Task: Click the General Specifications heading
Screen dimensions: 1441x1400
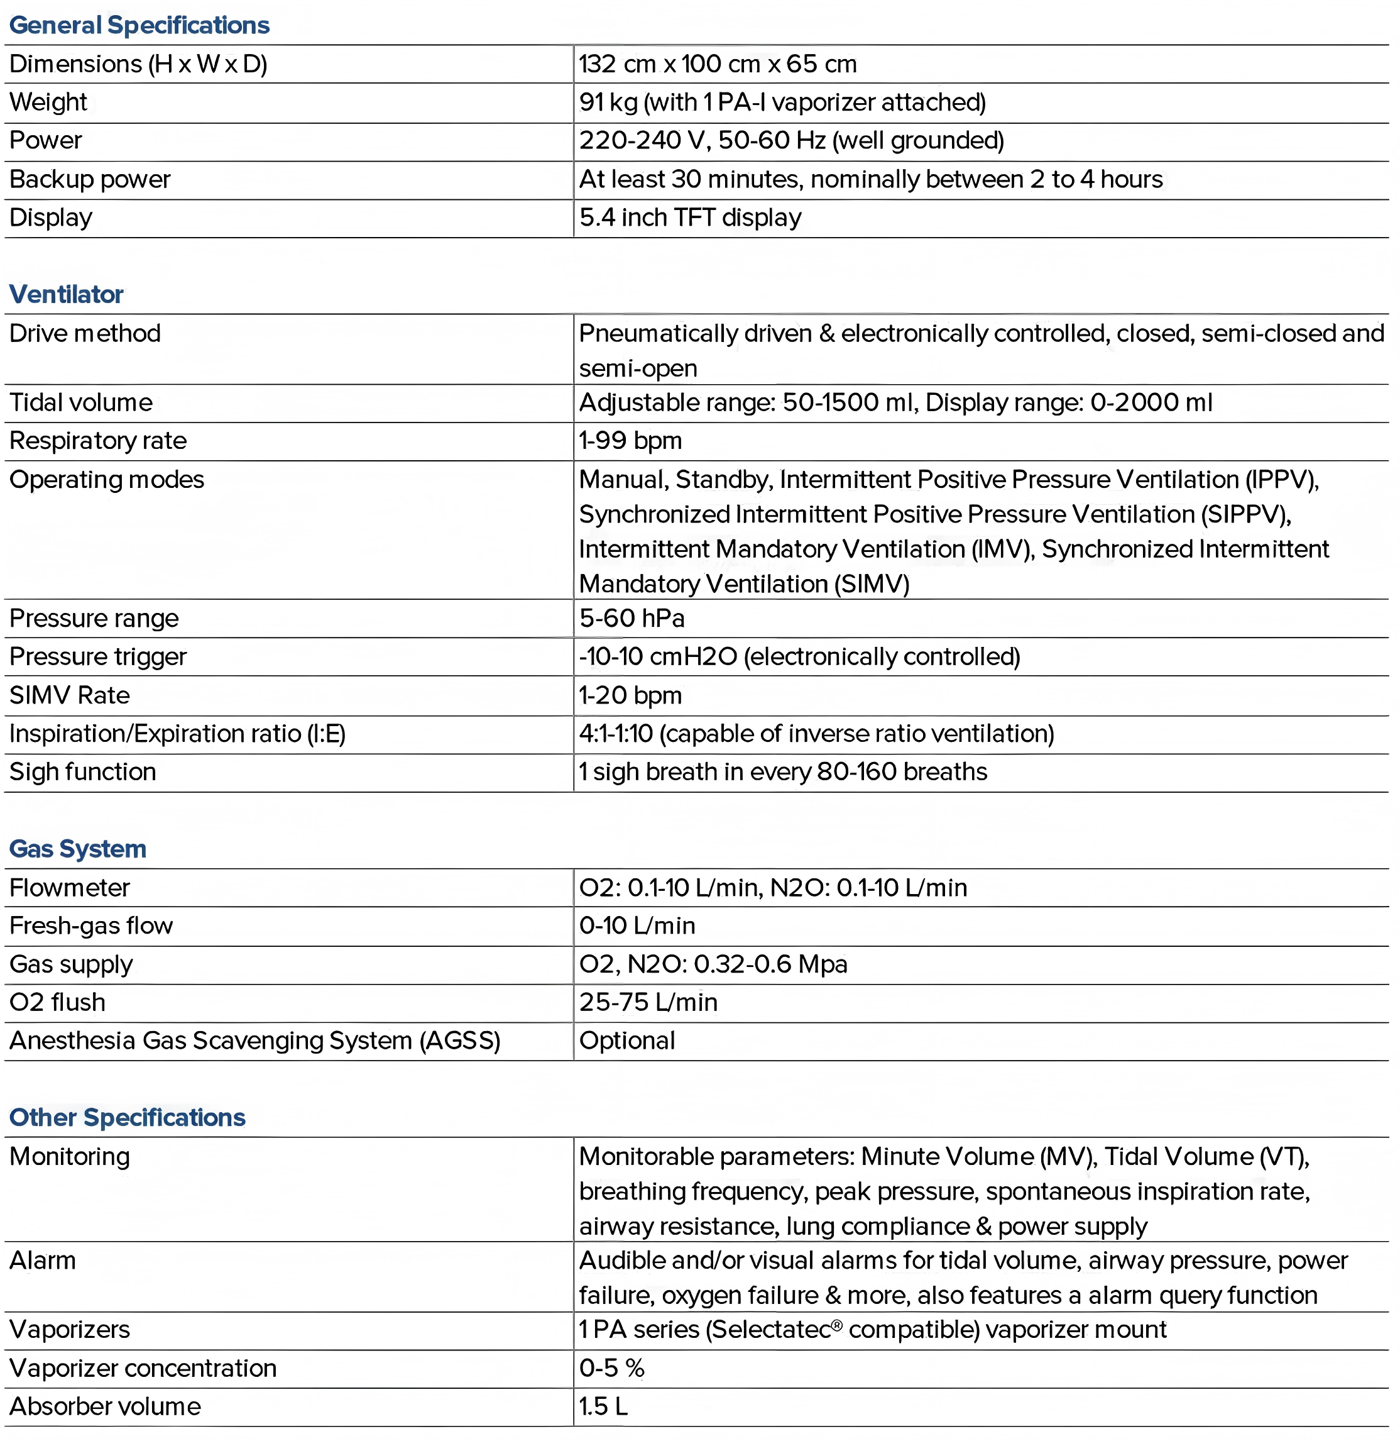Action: (139, 25)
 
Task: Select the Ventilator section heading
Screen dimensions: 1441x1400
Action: (66, 294)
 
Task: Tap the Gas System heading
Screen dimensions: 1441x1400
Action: (77, 849)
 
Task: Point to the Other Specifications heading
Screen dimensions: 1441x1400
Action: (127, 1117)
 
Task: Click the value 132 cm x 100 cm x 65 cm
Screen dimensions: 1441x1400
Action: (718, 64)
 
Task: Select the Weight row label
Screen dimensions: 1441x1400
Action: (48, 102)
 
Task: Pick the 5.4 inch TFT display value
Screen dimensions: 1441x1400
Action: (690, 218)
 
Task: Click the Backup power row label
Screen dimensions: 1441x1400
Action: (90, 179)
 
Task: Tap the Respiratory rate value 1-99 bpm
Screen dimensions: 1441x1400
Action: (630, 441)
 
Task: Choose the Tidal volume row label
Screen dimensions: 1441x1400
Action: (81, 402)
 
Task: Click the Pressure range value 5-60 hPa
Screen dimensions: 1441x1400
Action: (632, 619)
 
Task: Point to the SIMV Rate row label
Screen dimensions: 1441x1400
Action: (69, 695)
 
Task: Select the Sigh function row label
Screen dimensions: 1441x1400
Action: (82, 771)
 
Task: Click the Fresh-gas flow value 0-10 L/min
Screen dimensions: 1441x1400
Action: (637, 925)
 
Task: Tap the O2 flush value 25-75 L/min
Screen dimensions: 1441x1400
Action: (648, 1002)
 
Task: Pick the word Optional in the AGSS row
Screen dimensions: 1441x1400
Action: (626, 1041)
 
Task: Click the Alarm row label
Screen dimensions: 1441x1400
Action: (43, 1261)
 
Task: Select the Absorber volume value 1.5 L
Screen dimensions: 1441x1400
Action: (603, 1406)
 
